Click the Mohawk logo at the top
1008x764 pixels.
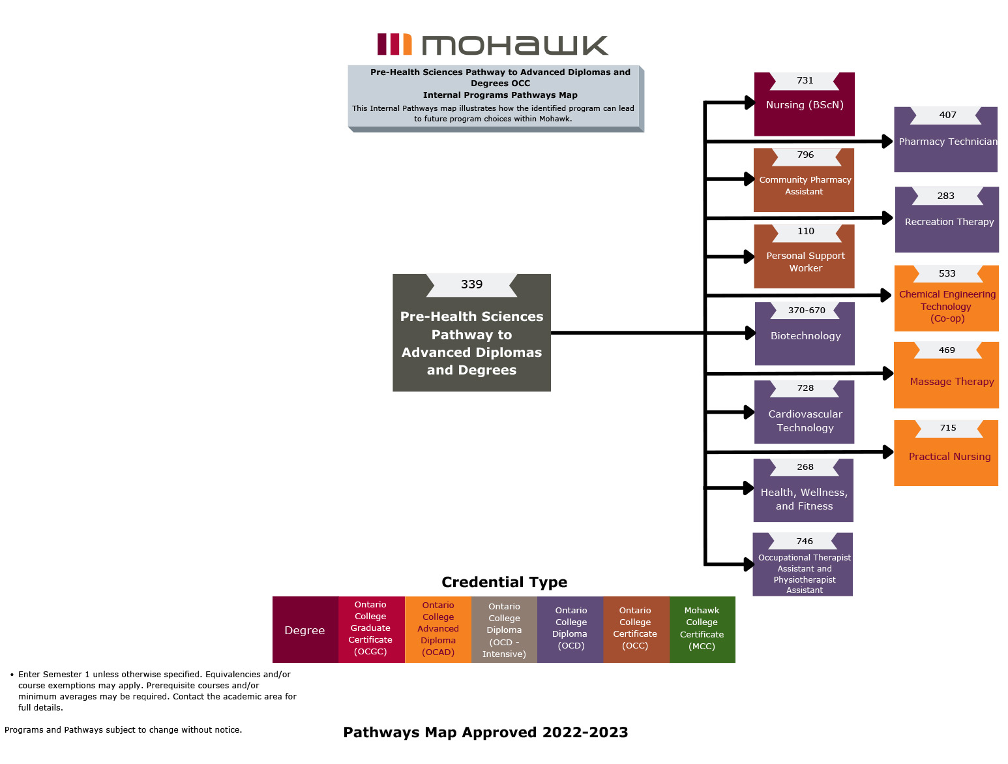(492, 44)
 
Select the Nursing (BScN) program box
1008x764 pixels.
(804, 105)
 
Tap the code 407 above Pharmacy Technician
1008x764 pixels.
(947, 115)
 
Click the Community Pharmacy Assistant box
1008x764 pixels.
(804, 185)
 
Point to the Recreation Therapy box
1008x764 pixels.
(947, 222)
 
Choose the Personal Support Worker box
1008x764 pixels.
(805, 262)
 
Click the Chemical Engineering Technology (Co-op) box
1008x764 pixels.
(947, 305)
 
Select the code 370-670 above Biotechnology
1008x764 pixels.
(807, 311)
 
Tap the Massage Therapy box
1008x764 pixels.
(947, 382)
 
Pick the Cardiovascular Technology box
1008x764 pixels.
(805, 420)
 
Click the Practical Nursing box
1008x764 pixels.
(947, 457)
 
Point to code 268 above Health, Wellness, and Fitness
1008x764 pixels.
(805, 467)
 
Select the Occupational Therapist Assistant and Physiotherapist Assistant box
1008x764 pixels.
(803, 573)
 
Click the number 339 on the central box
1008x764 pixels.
(471, 284)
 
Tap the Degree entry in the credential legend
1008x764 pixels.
(304, 630)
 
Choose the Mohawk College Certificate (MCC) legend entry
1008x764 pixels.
(702, 629)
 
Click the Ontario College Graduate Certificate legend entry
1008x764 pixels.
(370, 629)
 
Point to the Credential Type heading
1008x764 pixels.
(504, 582)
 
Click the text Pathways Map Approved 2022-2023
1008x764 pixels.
(486, 732)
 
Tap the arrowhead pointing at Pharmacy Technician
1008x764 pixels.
(887, 141)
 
